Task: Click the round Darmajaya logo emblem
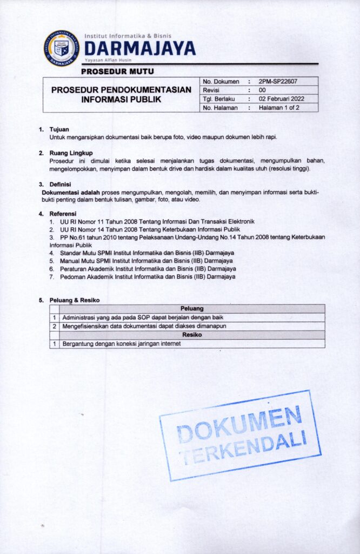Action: coord(61,49)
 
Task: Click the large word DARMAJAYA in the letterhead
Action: coord(139,49)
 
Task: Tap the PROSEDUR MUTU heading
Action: coord(117,71)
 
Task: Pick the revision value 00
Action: coord(262,90)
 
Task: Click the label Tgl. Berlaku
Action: coord(218,99)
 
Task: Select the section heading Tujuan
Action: coord(59,130)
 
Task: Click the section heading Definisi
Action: coord(61,184)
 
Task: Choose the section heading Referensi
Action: coord(63,214)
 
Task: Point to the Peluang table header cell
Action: coord(192,308)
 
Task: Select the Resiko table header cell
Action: coord(192,335)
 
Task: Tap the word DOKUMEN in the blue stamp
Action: coord(239,425)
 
